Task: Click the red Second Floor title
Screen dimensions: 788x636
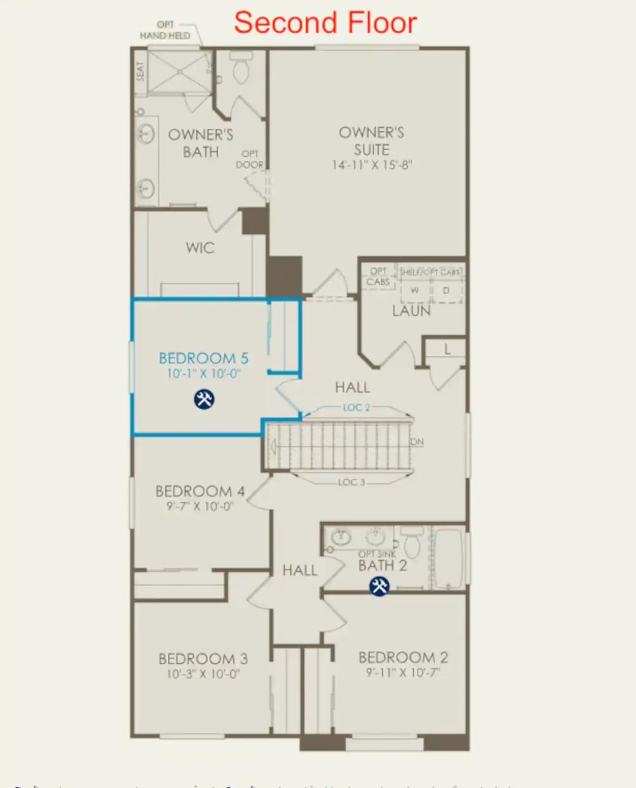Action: (x=325, y=23)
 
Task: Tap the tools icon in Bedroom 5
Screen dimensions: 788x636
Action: (x=204, y=399)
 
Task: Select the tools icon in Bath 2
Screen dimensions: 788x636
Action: (x=379, y=586)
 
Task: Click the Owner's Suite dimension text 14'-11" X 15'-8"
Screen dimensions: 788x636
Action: (x=372, y=165)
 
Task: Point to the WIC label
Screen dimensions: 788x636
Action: (x=200, y=248)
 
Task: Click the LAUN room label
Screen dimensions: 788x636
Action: (x=411, y=311)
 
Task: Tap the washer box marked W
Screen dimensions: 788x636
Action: (x=415, y=290)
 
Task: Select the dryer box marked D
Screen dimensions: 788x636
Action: (x=446, y=290)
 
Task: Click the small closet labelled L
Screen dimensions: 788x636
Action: (x=447, y=349)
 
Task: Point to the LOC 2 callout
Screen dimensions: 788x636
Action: (x=356, y=408)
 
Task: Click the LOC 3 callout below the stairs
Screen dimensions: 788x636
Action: (x=352, y=482)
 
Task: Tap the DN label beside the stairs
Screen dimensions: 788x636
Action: (x=417, y=442)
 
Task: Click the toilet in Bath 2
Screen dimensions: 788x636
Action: (x=412, y=543)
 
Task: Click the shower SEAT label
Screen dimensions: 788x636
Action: (x=140, y=71)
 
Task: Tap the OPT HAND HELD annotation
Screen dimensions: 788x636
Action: (x=165, y=30)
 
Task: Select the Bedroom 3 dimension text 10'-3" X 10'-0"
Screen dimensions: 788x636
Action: (x=203, y=674)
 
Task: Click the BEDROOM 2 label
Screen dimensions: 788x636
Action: (x=403, y=657)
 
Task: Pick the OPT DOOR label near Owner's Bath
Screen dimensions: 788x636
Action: (x=250, y=160)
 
